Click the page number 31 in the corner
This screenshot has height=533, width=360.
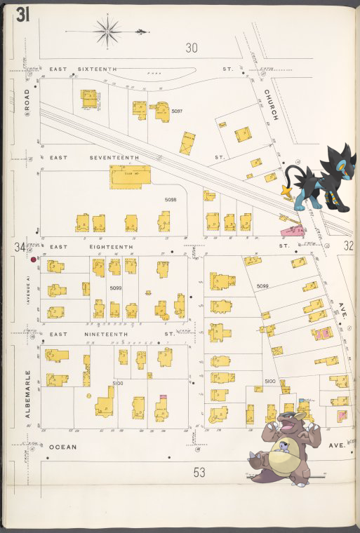coord(22,14)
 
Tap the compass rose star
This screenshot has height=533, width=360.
coord(107,31)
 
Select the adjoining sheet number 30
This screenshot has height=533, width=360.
coord(192,48)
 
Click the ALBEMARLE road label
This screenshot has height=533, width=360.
coord(28,394)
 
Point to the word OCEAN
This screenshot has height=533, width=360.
coord(62,445)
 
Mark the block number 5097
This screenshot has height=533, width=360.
coord(177,112)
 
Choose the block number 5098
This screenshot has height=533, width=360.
coord(171,200)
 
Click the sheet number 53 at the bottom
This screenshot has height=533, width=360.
coord(199,473)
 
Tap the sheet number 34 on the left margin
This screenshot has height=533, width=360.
coord(19,247)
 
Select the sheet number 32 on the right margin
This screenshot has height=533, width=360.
coord(349,245)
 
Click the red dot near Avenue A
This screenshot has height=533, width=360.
coord(33,259)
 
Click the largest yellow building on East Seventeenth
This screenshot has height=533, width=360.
coord(130,177)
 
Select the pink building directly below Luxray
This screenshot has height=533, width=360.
coord(293,229)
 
